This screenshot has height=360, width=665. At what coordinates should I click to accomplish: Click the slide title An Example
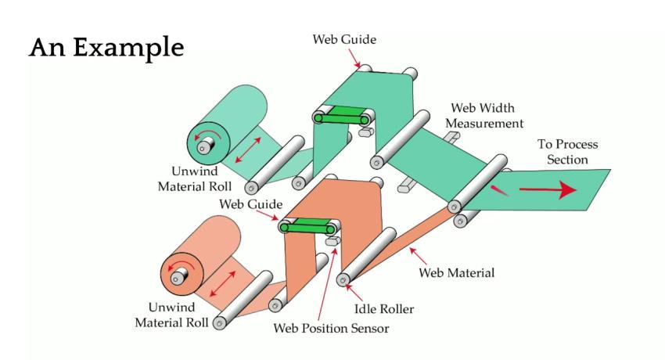[106, 46]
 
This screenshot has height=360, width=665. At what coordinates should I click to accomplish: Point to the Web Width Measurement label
[487, 115]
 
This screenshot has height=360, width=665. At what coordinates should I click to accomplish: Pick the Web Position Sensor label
[330, 327]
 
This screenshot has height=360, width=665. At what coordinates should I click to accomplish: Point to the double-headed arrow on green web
[250, 149]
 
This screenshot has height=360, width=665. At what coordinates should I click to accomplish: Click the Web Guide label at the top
[344, 37]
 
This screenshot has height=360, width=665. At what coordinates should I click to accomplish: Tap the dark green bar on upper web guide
[342, 117]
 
